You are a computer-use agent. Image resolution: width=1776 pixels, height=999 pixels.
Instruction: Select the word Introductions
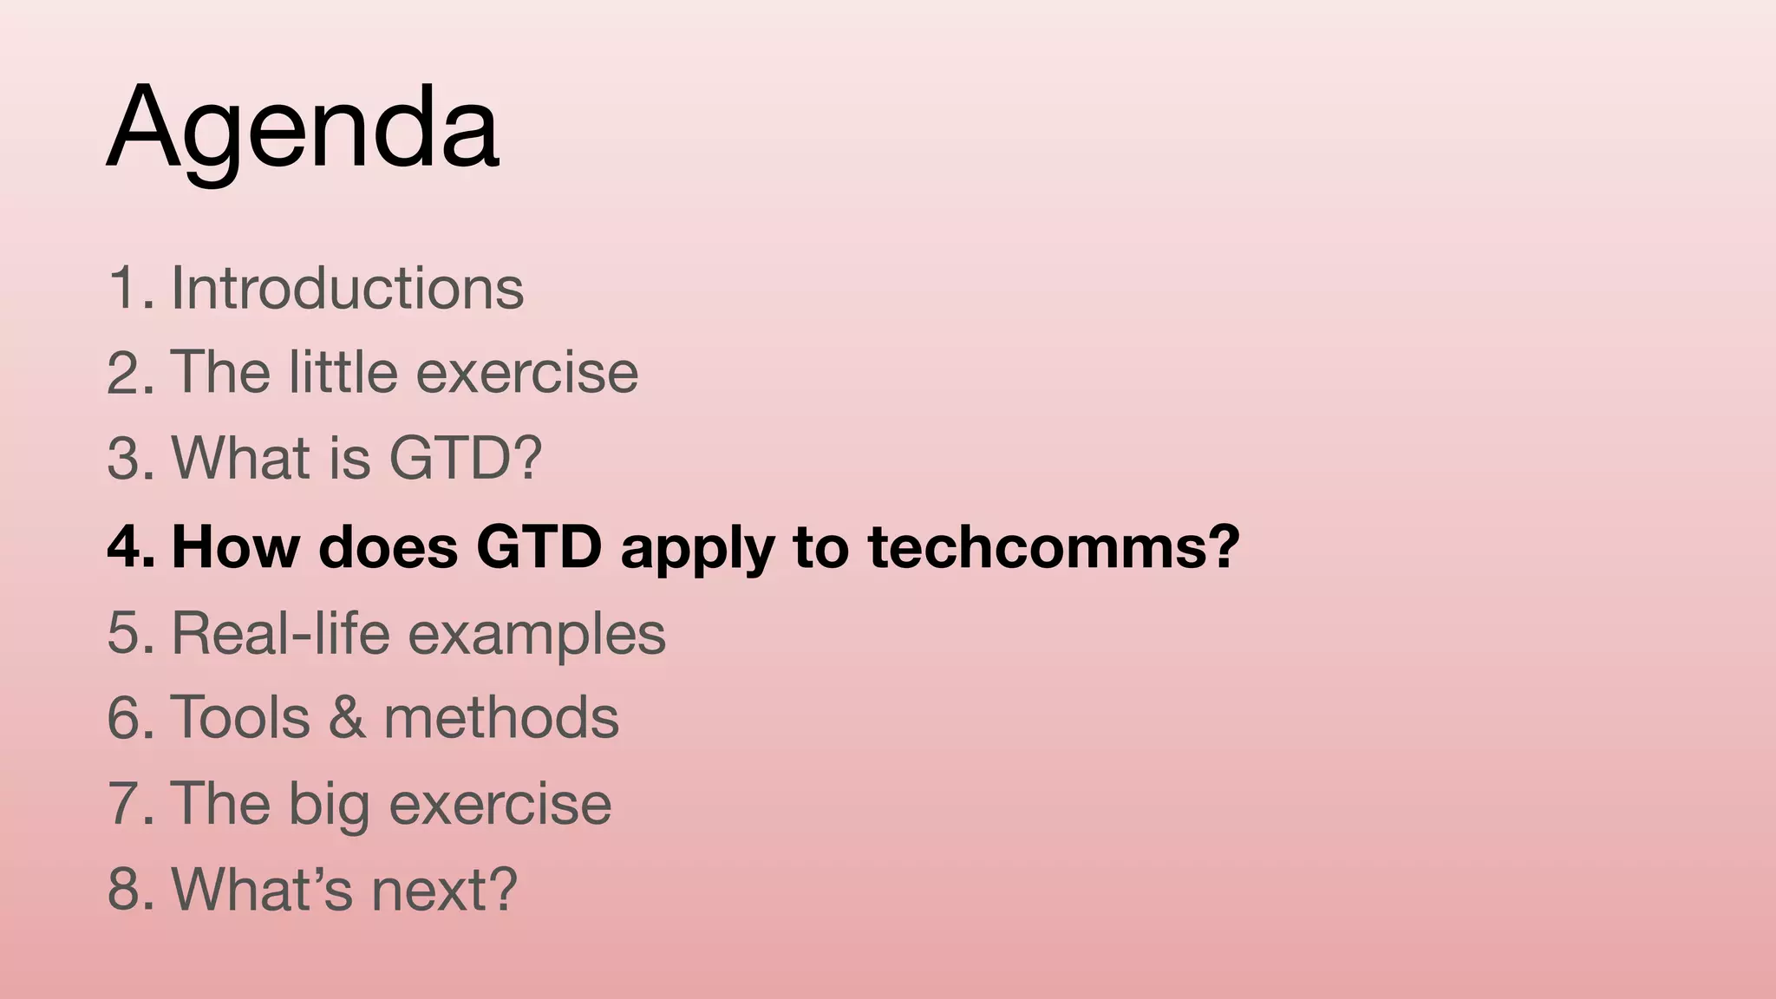pos(348,287)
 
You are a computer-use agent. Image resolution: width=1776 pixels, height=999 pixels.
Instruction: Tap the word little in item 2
pos(343,372)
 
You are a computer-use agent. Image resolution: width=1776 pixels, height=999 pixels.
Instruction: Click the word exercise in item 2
pos(527,372)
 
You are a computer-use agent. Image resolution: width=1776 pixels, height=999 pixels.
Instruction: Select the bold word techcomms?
pos(1054,547)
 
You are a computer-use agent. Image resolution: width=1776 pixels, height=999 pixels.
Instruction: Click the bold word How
pos(236,547)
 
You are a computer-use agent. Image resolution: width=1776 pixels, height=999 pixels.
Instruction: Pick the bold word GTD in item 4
pos(539,547)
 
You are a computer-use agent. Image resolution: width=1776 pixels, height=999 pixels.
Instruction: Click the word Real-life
pos(281,632)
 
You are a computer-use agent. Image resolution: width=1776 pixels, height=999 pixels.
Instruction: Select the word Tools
pos(241,717)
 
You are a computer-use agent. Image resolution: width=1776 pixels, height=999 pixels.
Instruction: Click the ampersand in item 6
pos(347,717)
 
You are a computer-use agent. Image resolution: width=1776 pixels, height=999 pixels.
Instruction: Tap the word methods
pos(501,717)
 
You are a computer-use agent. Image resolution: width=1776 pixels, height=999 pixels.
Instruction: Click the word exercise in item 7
pos(500,803)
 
